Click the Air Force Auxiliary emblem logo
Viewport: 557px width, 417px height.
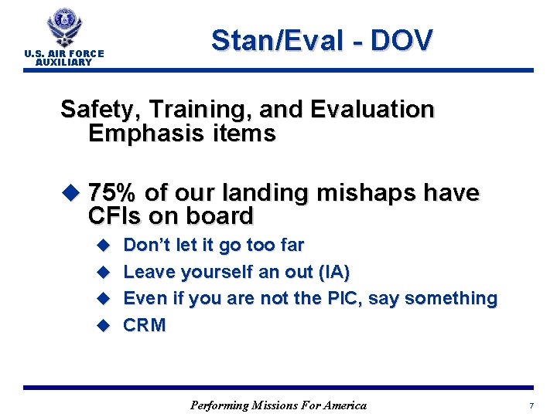pos(63,28)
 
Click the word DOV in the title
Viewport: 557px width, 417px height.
pos(402,40)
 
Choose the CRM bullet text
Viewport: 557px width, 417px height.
pos(145,325)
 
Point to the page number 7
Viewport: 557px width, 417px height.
pos(531,406)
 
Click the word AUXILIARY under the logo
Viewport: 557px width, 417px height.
pos(63,63)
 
